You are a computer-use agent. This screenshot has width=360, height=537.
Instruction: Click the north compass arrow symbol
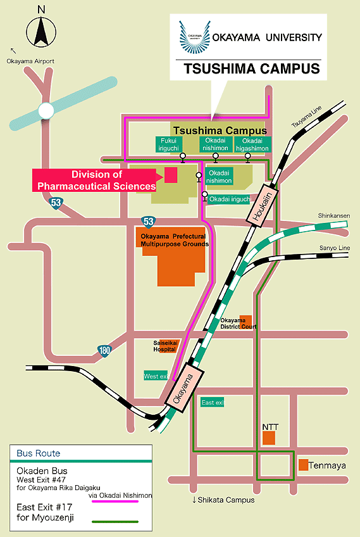(41, 32)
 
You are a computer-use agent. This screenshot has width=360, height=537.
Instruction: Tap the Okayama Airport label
(30, 61)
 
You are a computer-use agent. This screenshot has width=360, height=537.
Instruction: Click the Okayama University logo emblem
(195, 37)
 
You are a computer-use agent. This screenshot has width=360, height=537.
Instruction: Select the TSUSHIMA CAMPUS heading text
(252, 68)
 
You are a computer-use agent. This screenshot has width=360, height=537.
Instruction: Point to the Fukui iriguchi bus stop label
(169, 144)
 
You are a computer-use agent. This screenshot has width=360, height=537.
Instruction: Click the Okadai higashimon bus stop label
(252, 144)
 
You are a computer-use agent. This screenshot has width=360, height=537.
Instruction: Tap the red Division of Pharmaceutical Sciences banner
(97, 180)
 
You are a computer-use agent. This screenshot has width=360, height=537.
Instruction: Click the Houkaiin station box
(263, 205)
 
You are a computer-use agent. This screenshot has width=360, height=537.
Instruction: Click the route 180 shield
(104, 350)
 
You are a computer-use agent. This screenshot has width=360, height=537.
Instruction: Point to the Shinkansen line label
(334, 216)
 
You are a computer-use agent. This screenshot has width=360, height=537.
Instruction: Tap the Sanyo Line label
(334, 248)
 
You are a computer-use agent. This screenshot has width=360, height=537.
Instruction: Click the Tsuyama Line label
(307, 117)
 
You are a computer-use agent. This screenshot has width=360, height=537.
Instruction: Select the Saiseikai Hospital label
(165, 346)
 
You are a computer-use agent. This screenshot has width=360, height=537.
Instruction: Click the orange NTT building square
(269, 438)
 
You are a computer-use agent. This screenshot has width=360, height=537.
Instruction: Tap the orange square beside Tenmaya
(303, 465)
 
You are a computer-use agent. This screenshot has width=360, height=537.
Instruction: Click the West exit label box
(156, 376)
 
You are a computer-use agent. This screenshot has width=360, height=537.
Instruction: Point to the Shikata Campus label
(223, 500)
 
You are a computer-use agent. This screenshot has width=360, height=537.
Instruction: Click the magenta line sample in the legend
(115, 502)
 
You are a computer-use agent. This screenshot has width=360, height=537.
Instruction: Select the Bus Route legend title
(39, 453)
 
